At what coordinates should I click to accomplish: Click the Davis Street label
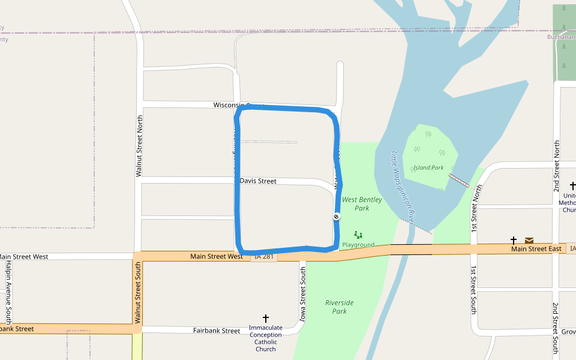pyautogui.click(x=258, y=181)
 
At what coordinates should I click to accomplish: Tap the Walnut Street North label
pyautogui.click(x=140, y=146)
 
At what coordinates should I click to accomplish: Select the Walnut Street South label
pyautogui.click(x=137, y=296)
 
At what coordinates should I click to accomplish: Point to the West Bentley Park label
pyautogui.click(x=362, y=204)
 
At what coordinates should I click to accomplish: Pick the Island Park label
pyautogui.click(x=428, y=167)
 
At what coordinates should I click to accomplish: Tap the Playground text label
pyautogui.click(x=358, y=245)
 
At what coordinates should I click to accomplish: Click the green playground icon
pyautogui.click(x=358, y=235)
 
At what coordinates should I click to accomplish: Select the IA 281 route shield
pyautogui.click(x=264, y=257)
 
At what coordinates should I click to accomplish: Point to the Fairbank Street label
pyautogui.click(x=217, y=331)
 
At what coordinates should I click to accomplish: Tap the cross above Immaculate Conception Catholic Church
pyautogui.click(x=266, y=319)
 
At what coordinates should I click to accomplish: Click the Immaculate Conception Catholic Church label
pyautogui.click(x=265, y=338)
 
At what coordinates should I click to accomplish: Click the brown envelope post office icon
pyautogui.click(x=529, y=241)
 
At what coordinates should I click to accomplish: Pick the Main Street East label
pyautogui.click(x=536, y=249)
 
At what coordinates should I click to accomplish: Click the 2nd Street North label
pyautogui.click(x=557, y=166)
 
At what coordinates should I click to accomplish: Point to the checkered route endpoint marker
pyautogui.click(x=336, y=217)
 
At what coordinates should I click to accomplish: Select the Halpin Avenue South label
pyautogui.click(x=8, y=290)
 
